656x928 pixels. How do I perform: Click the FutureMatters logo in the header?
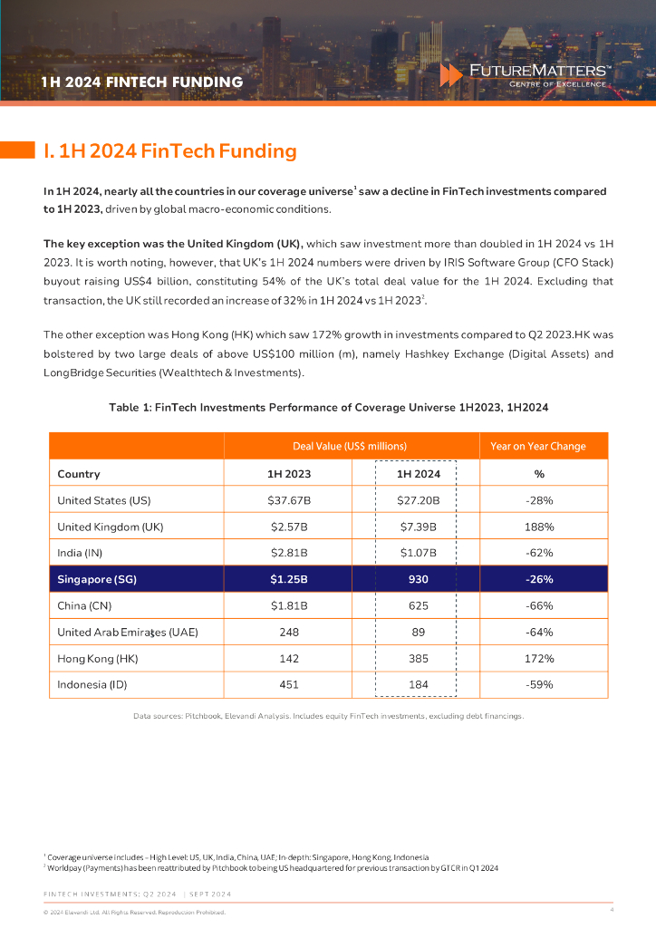[x=526, y=74]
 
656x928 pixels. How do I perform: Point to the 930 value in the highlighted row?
[x=418, y=579]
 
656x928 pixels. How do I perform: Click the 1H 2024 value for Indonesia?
[x=418, y=684]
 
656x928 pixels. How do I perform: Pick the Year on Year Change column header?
[x=538, y=446]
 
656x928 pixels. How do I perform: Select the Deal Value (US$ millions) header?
[x=349, y=446]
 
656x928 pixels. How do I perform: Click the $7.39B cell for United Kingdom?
[x=418, y=526]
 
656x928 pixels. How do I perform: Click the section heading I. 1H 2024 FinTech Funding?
[x=170, y=151]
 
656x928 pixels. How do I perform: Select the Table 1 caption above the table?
[x=328, y=408]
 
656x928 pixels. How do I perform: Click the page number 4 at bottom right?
[x=612, y=909]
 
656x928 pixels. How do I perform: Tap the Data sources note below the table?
[x=328, y=717]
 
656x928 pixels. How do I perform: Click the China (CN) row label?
[x=84, y=605]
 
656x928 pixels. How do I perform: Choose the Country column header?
[x=79, y=473]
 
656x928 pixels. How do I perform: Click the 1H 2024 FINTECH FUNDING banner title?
[x=142, y=82]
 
